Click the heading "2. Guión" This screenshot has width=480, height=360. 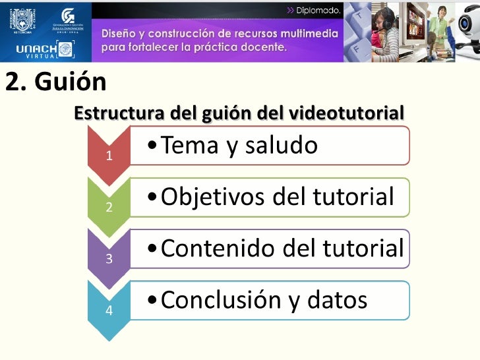click(55, 83)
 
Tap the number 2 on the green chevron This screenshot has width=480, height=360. click(109, 208)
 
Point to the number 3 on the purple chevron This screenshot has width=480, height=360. click(109, 258)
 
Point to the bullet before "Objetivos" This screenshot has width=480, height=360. click(153, 197)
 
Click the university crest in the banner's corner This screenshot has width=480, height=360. click(20, 19)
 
